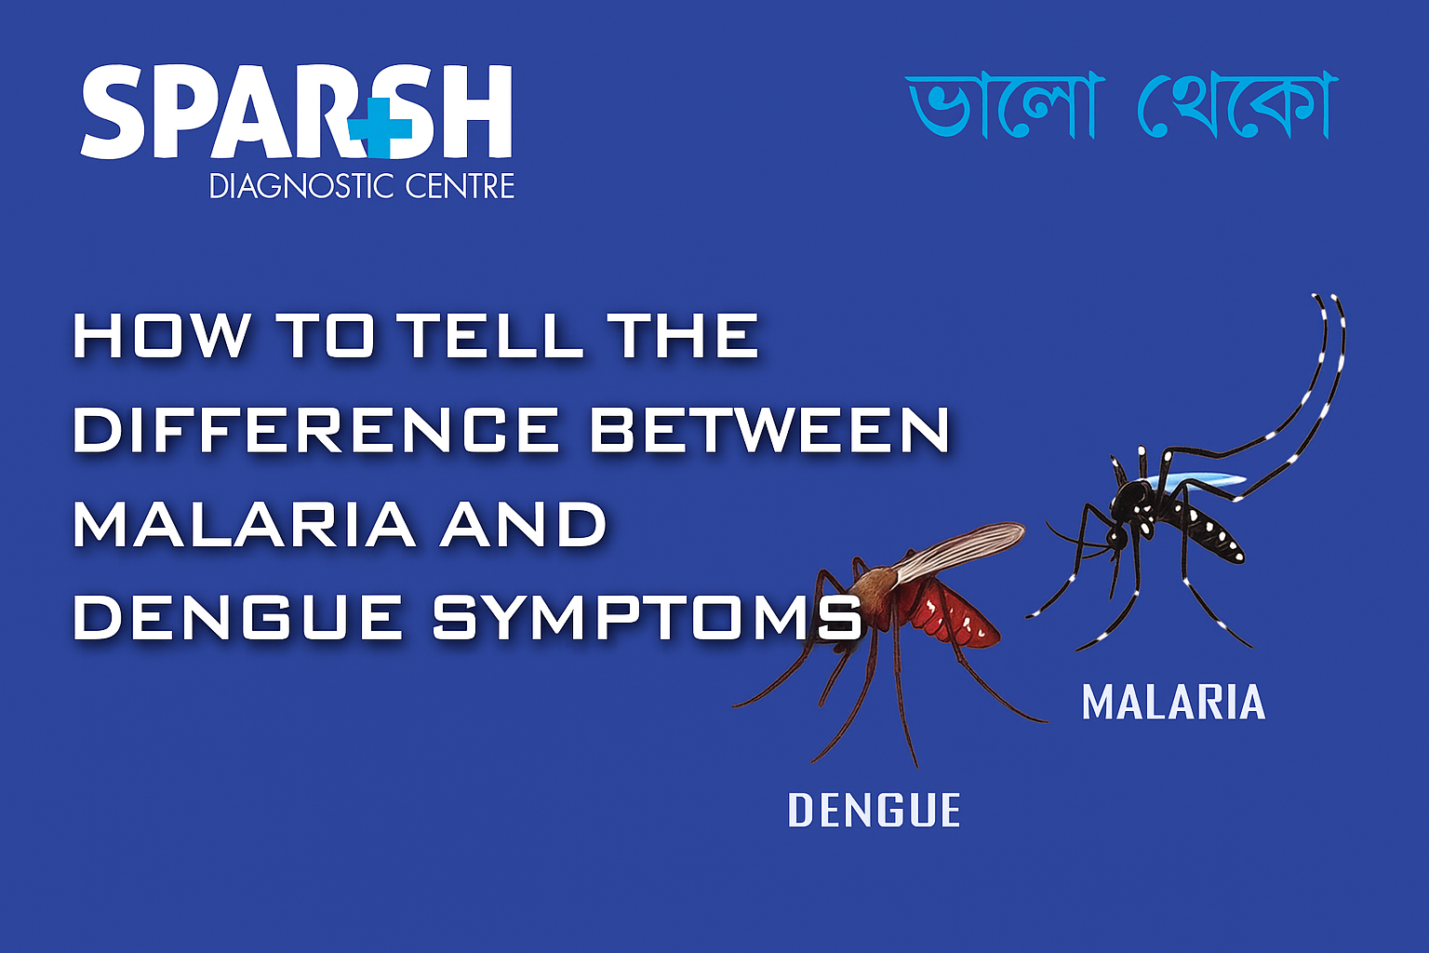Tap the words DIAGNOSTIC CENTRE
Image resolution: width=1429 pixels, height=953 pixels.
(361, 186)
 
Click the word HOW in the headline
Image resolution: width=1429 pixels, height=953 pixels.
(162, 336)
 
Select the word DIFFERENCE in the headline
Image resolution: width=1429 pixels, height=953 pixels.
(316, 430)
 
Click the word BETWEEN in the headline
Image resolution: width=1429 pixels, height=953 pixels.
(769, 430)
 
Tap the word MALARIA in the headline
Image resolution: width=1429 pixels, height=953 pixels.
(244, 524)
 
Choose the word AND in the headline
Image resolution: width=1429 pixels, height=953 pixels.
(524, 524)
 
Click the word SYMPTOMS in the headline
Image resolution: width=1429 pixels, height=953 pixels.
(648, 618)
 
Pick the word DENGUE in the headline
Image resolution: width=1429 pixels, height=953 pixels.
(238, 618)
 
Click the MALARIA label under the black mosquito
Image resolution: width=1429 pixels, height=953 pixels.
(1173, 703)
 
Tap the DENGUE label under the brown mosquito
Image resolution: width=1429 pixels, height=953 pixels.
(874, 811)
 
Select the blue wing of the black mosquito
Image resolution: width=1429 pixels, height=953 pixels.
(1200, 482)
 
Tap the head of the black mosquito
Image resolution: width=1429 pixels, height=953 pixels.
(1117, 536)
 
